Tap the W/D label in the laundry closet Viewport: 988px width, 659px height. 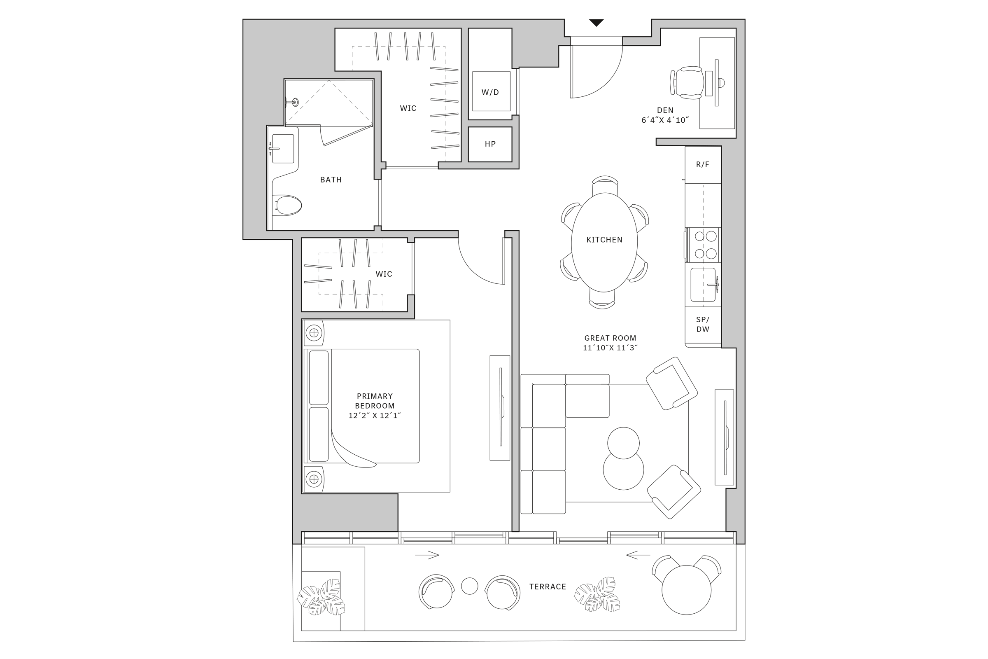tap(490, 92)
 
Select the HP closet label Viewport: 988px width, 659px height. tap(490, 144)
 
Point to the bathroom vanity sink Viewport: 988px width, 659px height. tap(283, 149)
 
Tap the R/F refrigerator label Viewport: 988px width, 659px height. tap(702, 164)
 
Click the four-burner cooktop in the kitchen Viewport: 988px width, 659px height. tap(705, 245)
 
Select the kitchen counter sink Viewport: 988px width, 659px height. tap(703, 285)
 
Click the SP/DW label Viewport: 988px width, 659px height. tap(702, 325)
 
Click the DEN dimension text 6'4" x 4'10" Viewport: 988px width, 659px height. tap(665, 120)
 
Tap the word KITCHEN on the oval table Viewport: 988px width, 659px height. tap(604, 240)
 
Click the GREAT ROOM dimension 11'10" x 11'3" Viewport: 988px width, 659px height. tap(610, 348)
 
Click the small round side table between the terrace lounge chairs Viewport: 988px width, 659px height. tap(469, 586)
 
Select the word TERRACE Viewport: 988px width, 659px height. tap(548, 587)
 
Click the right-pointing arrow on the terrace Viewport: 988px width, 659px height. tap(427, 555)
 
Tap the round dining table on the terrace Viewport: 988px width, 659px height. tap(686, 590)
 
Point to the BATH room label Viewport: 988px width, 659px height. tap(331, 180)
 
